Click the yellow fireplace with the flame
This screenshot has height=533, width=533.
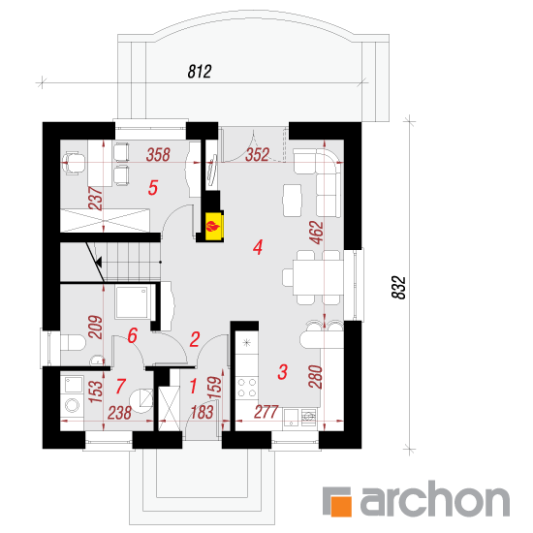tap(214, 226)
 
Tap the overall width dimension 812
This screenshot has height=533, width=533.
tap(200, 72)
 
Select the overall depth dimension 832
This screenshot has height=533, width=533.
tap(398, 287)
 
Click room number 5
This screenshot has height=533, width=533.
tap(153, 188)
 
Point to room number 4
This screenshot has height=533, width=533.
tap(258, 247)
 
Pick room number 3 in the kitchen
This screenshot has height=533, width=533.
tap(282, 371)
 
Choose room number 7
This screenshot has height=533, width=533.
tap(121, 386)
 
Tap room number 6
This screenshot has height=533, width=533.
tap(132, 335)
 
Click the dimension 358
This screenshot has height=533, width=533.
tap(158, 155)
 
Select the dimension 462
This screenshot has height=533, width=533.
tap(316, 233)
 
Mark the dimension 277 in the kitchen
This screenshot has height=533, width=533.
tap(266, 412)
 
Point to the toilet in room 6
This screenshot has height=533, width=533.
tap(73, 343)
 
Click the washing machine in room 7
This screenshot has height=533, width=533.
tap(73, 405)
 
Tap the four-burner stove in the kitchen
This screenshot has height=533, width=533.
tap(247, 388)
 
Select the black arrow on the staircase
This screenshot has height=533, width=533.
tap(99, 262)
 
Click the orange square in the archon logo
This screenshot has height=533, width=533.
tap(341, 506)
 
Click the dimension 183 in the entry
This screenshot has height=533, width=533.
tap(202, 412)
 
